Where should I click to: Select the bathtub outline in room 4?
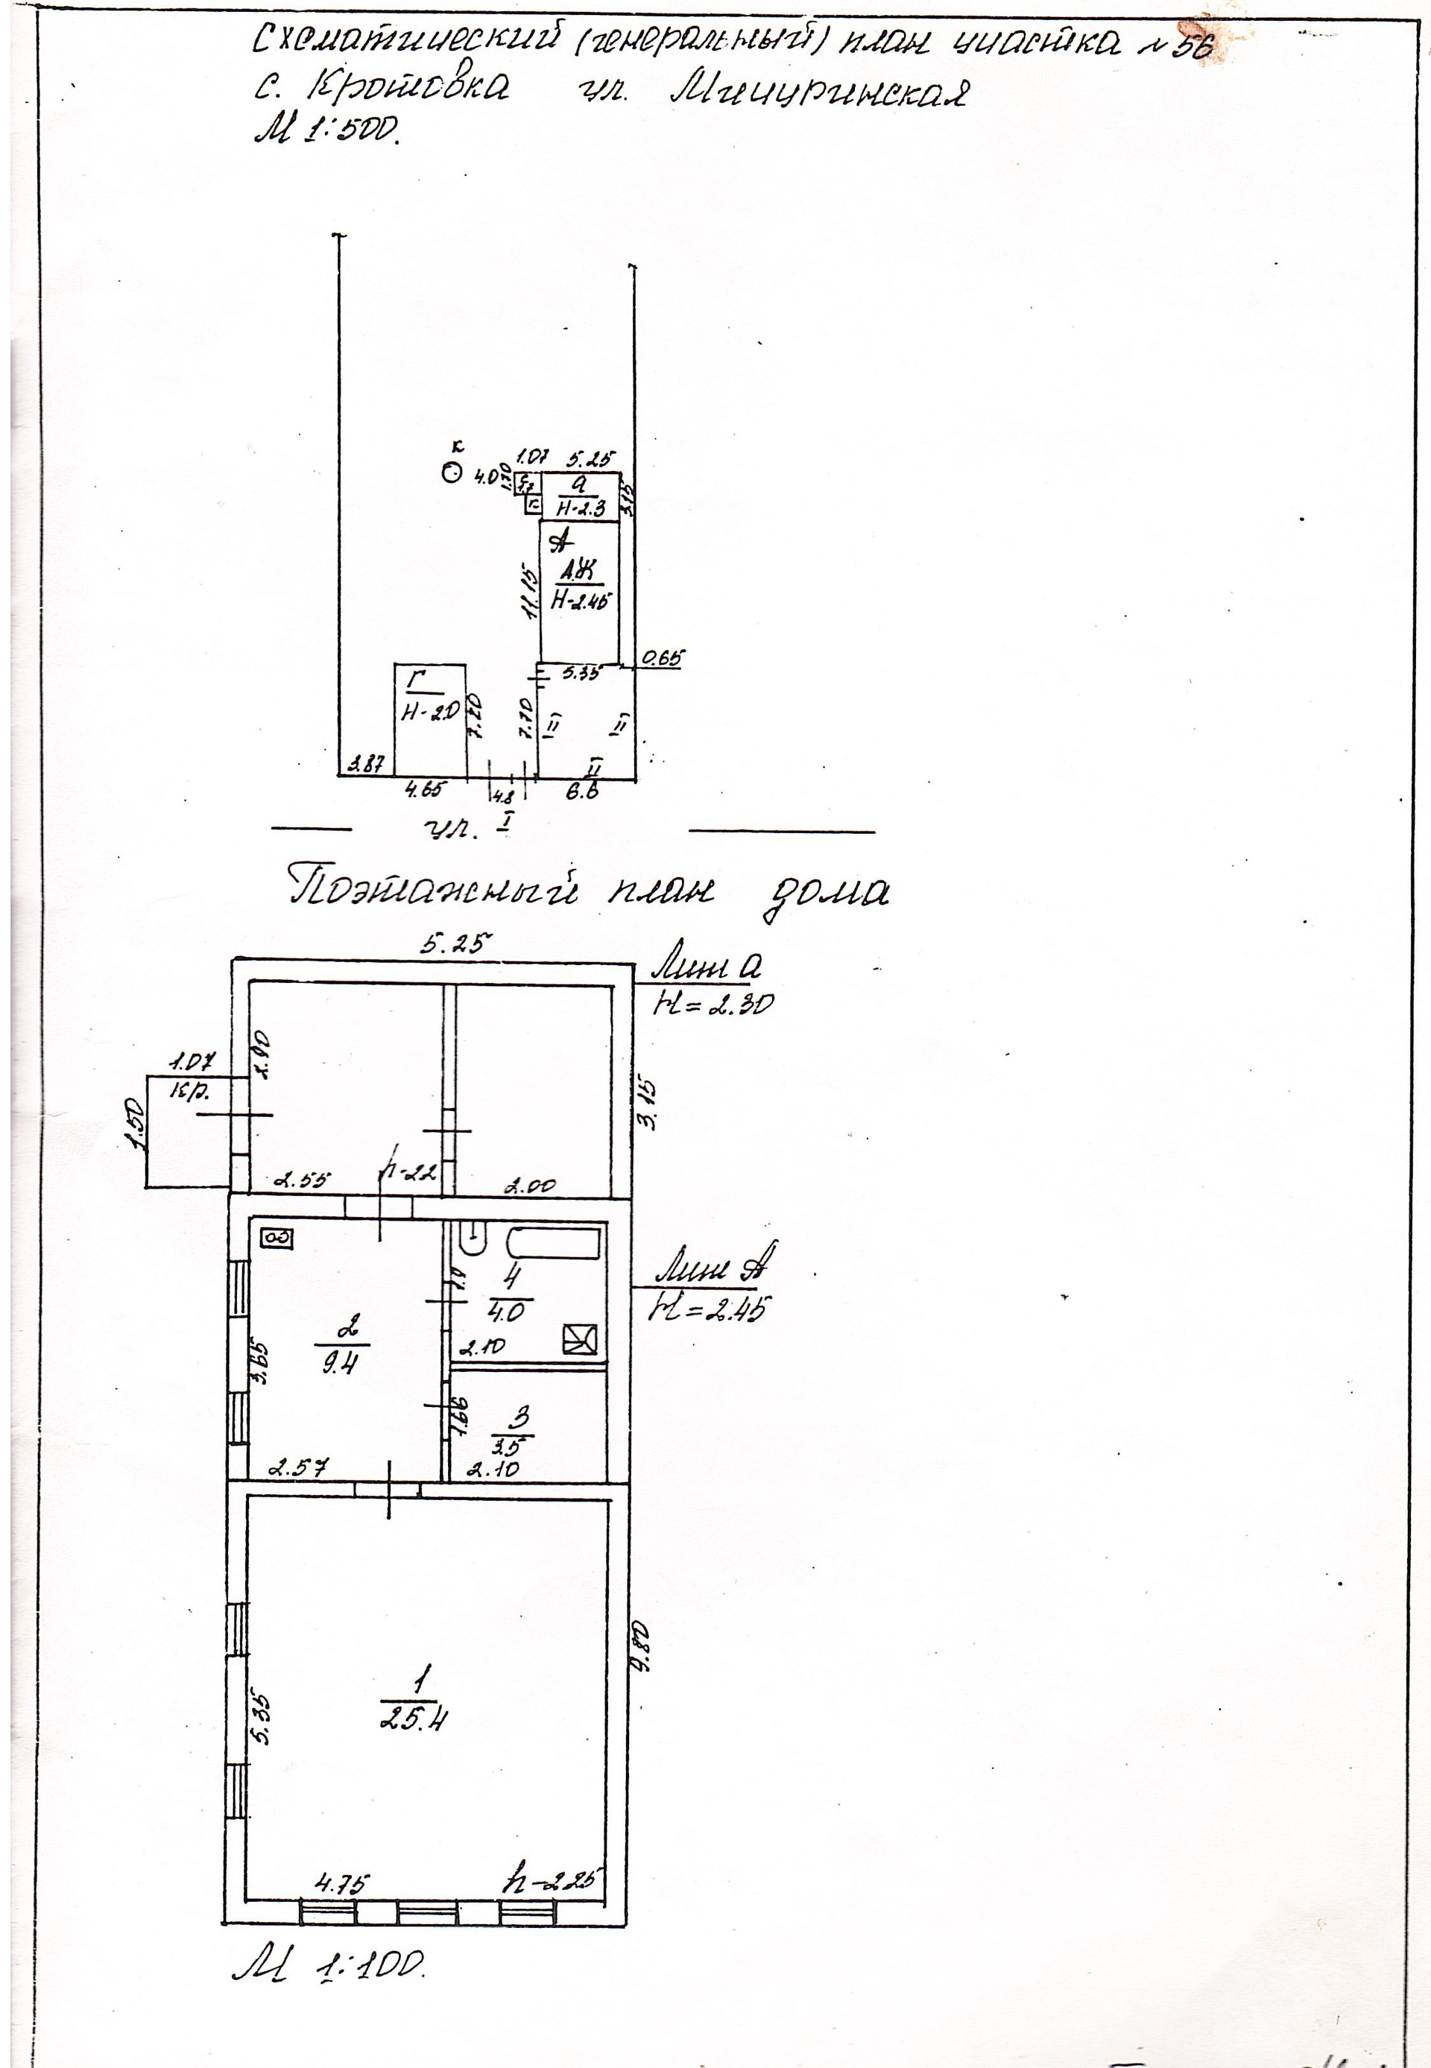click(x=553, y=1243)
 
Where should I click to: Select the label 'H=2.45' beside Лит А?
click(x=710, y=1311)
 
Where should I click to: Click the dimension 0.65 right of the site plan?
click(x=662, y=659)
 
